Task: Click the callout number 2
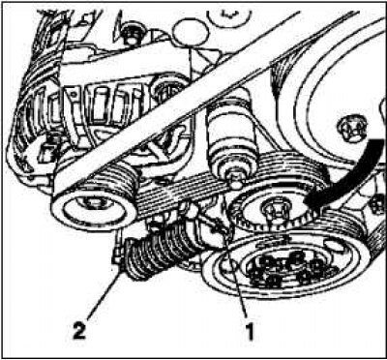click(79, 330)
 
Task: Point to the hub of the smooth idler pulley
click(92, 206)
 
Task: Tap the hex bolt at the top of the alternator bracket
click(132, 35)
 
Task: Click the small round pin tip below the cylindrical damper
click(236, 185)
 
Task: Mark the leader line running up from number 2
click(103, 293)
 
